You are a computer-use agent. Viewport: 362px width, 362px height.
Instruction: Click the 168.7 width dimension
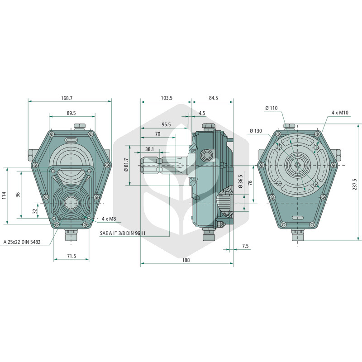(x=67, y=98)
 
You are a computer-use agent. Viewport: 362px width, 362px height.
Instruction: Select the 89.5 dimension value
(x=71, y=113)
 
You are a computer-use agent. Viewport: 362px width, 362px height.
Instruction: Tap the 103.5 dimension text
(x=167, y=98)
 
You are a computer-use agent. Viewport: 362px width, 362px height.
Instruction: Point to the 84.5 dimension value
(x=214, y=98)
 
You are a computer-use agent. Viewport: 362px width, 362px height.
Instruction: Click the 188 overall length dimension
(x=186, y=260)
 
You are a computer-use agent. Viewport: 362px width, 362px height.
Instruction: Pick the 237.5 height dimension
(x=355, y=185)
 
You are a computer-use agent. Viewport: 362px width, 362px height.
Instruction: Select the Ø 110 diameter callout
(x=271, y=108)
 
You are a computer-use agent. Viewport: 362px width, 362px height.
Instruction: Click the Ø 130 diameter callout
(x=256, y=131)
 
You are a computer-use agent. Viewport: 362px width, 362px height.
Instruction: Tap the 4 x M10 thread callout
(x=340, y=113)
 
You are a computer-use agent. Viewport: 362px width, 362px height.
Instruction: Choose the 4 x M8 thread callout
(x=109, y=219)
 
